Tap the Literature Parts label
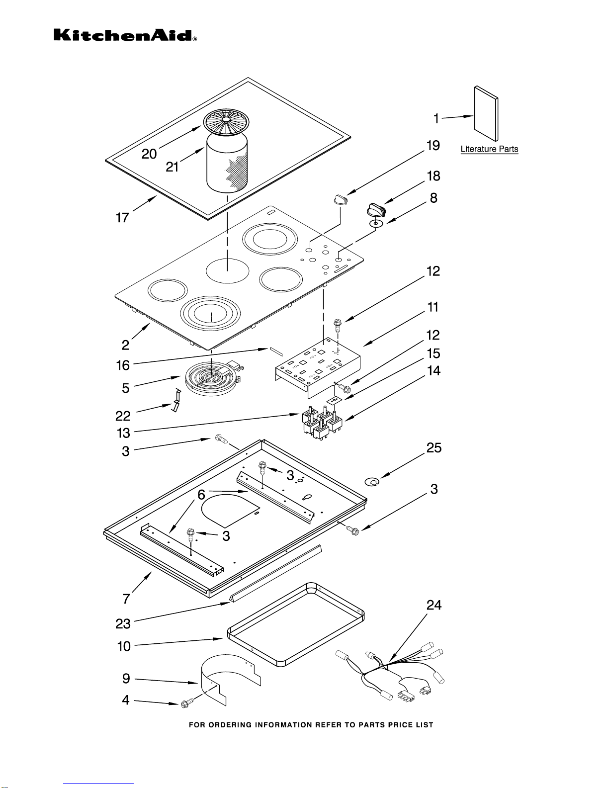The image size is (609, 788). coord(489,149)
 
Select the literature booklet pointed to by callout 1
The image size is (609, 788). coord(486,114)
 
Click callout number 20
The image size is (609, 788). coord(149,154)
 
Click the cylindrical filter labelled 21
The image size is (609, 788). coord(227,164)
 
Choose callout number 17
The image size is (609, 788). coord(122,218)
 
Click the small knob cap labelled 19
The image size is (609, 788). coord(340,199)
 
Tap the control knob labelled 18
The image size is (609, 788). coord(375,210)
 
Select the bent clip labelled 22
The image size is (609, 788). coord(175,401)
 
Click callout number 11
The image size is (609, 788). coord(433,307)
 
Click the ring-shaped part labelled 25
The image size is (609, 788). coord(372,481)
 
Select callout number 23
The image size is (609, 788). coord(123,623)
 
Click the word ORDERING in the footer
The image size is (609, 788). coord(229,725)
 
